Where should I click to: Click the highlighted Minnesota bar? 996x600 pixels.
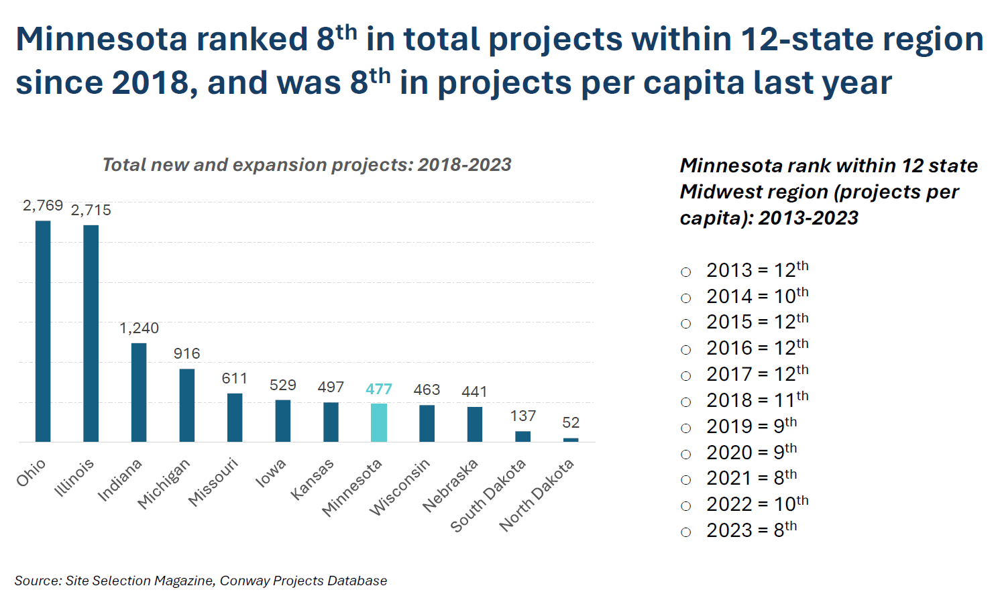[x=379, y=422]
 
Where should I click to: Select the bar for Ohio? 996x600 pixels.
[x=43, y=331]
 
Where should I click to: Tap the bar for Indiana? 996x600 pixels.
[x=139, y=392]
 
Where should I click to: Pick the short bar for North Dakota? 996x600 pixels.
[x=571, y=440]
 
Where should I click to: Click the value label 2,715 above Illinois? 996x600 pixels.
[x=91, y=211]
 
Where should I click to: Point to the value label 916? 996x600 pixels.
[x=186, y=354]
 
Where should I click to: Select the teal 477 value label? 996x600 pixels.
[x=379, y=389]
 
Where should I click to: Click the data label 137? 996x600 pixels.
[x=522, y=416]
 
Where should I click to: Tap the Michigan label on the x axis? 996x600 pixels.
[x=164, y=483]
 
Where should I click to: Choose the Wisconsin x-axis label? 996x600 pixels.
[x=400, y=487]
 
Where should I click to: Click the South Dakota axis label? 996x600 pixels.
[x=488, y=495]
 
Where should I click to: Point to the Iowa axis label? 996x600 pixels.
[x=271, y=473]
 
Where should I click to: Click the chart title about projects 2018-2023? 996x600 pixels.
[x=307, y=165]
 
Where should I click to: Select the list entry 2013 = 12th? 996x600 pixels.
[x=757, y=270]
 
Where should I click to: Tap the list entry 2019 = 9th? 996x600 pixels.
[x=751, y=426]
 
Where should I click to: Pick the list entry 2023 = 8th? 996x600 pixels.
[x=751, y=530]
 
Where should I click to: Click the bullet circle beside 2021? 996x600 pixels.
[x=685, y=480]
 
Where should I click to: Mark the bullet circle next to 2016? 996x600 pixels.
[x=685, y=350]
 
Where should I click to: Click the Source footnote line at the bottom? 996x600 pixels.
[x=201, y=581]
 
